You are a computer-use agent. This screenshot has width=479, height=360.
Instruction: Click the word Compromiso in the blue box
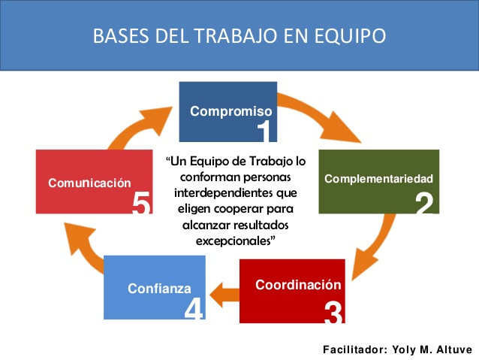point(231,112)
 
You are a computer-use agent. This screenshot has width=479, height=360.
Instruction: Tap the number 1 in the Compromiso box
point(264,131)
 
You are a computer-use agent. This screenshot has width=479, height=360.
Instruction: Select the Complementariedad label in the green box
point(379,179)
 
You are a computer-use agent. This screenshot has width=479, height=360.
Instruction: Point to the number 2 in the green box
point(425,203)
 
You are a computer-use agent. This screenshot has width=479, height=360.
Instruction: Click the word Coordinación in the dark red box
point(298,285)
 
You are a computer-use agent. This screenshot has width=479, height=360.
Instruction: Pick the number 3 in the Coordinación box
point(333,312)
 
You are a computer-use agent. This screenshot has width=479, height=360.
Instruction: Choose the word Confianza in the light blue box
point(159,289)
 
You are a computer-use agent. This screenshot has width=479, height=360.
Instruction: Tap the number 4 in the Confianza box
point(194,309)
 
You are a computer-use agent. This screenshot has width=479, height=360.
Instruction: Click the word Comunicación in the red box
point(89,183)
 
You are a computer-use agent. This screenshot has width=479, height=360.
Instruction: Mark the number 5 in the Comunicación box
point(141,202)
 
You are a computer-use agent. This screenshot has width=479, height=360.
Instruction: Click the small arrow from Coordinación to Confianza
point(224,295)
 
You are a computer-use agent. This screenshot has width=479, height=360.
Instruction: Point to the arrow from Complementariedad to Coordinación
point(378,245)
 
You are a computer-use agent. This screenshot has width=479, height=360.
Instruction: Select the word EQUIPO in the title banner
point(350,36)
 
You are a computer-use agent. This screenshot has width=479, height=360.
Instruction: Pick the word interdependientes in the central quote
point(236,193)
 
